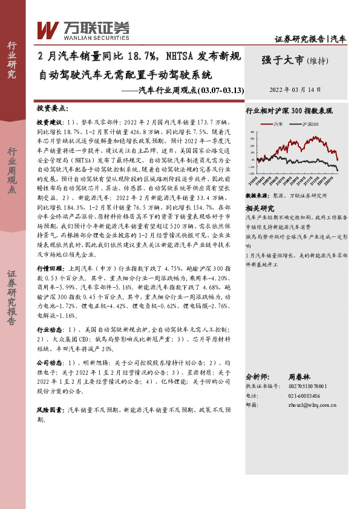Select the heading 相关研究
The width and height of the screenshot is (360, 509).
258,207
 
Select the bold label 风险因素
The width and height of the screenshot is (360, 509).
50,410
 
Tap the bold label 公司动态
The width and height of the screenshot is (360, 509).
50,361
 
